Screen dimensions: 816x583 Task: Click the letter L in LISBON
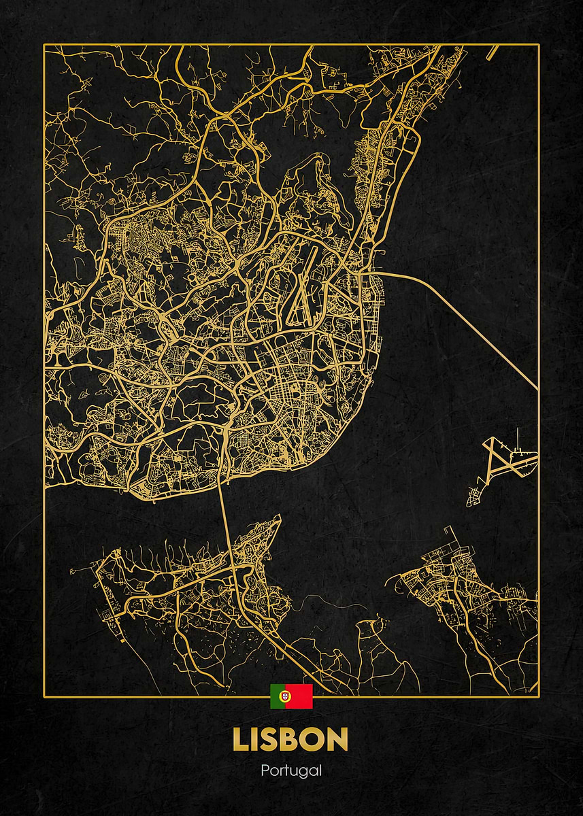[x=241, y=740]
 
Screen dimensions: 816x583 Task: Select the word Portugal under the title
[x=291, y=771]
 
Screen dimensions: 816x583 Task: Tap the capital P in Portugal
[x=265, y=770]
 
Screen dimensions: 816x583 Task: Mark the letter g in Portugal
[x=305, y=772]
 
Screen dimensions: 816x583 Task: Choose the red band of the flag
[x=301, y=696]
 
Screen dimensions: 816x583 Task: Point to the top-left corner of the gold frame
[x=44, y=45]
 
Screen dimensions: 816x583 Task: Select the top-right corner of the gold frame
[x=538, y=45]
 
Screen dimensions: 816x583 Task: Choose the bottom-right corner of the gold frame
[x=538, y=696]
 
